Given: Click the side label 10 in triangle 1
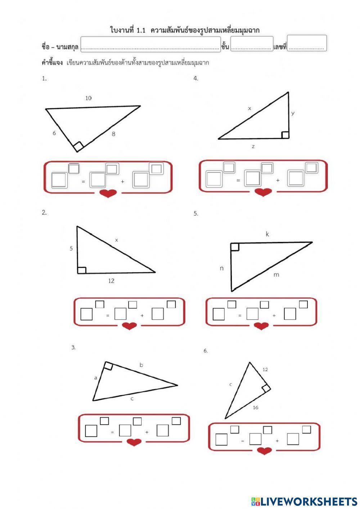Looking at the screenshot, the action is point(88,98).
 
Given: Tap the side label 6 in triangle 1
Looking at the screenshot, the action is point(54,133).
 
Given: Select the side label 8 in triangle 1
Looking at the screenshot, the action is point(113,134).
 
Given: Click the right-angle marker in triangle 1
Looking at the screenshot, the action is point(78,146).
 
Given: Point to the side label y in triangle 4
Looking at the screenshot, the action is point(293,113).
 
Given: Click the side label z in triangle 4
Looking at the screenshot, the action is point(253,147).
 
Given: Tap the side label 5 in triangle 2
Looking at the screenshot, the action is point(71,249).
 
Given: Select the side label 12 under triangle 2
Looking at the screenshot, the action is point(111,281).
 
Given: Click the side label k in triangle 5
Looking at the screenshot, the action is point(267,234).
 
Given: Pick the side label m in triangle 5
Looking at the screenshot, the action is point(276,275).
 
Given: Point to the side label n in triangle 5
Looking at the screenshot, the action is point(221,269).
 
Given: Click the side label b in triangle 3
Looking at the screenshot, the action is point(141,365).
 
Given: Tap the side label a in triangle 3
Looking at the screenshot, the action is point(96,378).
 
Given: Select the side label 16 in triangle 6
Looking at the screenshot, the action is point(256,407).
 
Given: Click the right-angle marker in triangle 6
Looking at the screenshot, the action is point(266,388).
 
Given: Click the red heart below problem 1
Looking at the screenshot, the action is point(108,193).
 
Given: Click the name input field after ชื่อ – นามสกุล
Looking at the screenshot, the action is point(150,44).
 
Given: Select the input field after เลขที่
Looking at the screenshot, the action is point(307,43).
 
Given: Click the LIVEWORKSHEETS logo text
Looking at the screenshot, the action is point(304,501).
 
